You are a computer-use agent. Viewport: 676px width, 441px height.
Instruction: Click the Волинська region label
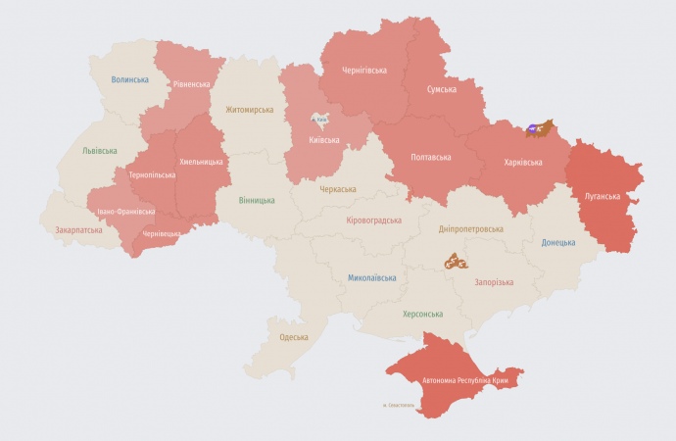[x=129, y=79]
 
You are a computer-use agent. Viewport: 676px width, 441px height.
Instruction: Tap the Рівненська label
[x=191, y=84]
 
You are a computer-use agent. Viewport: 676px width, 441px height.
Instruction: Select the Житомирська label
[x=250, y=111]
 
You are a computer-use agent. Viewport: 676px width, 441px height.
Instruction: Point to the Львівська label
[x=99, y=151]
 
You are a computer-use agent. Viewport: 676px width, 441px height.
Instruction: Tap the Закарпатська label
[x=78, y=230]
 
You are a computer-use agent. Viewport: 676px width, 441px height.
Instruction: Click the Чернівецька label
[x=161, y=234]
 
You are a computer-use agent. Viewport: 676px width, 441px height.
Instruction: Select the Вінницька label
[x=257, y=201]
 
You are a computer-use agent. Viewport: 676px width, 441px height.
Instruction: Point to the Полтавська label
[x=431, y=157]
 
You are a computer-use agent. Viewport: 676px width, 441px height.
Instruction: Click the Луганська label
[x=602, y=196]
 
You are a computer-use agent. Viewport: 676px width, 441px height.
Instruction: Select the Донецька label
[x=558, y=242]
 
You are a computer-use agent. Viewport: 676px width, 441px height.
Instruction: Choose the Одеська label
[x=294, y=337]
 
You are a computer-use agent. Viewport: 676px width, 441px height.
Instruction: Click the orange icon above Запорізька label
[x=456, y=262]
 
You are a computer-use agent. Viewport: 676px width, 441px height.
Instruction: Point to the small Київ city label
[x=320, y=120]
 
